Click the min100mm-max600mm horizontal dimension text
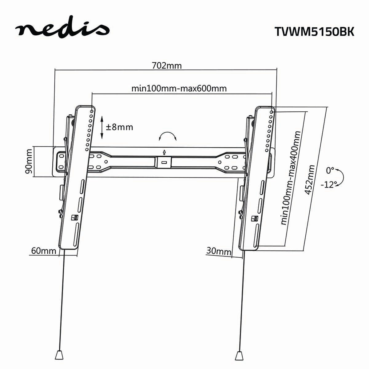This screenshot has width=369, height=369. (x=179, y=89)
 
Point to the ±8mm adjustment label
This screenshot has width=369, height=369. (x=119, y=127)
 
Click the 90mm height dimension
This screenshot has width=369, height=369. (x=28, y=162)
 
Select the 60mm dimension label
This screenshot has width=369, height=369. (x=43, y=251)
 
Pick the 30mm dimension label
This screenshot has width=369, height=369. (x=218, y=252)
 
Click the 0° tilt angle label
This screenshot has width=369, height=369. (x=330, y=170)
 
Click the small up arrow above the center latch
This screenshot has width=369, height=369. (x=164, y=152)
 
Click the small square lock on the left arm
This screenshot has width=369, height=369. (x=74, y=217)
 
